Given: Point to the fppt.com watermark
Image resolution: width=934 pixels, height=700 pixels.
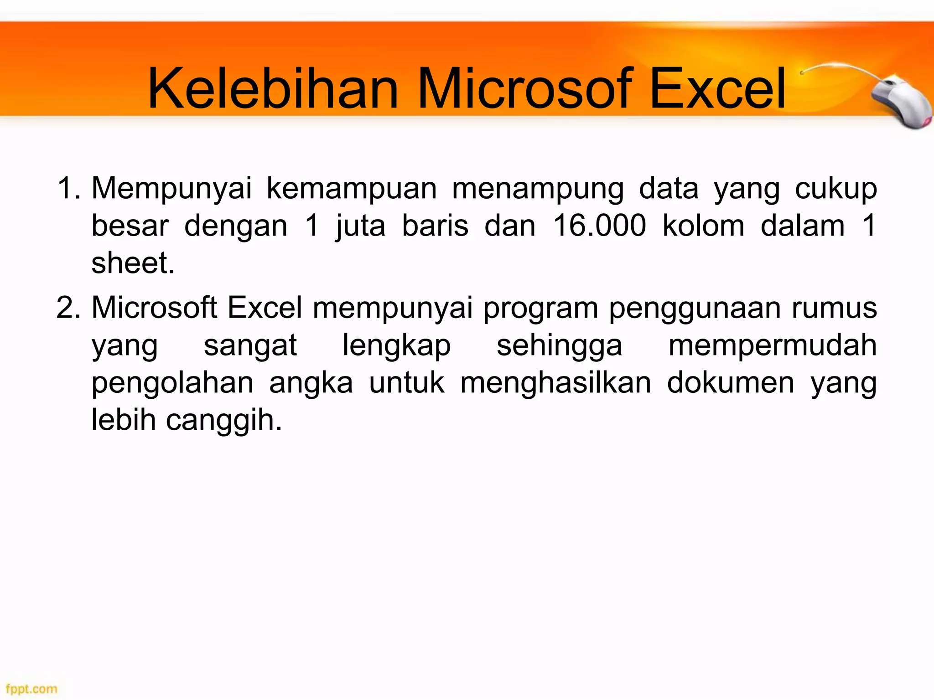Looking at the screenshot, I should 31,689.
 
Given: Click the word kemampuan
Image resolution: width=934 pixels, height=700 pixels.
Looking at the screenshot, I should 352,189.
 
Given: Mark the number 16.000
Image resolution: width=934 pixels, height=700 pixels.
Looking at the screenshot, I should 599,226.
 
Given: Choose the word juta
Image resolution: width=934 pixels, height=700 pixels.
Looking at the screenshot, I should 360,226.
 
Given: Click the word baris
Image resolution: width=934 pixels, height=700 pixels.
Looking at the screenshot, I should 435,226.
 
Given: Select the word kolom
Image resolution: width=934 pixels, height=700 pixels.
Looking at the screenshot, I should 703,226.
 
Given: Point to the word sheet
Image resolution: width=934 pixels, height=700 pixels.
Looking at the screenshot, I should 132,263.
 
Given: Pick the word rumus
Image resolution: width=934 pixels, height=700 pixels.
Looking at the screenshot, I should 834,308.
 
